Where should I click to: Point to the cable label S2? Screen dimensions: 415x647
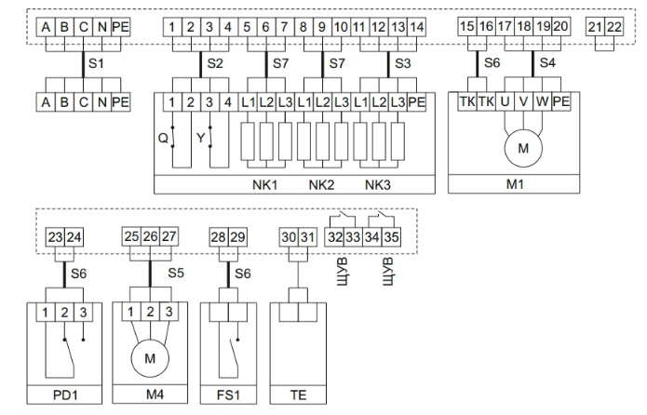point(216,64)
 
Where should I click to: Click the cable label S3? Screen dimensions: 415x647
point(402,64)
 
